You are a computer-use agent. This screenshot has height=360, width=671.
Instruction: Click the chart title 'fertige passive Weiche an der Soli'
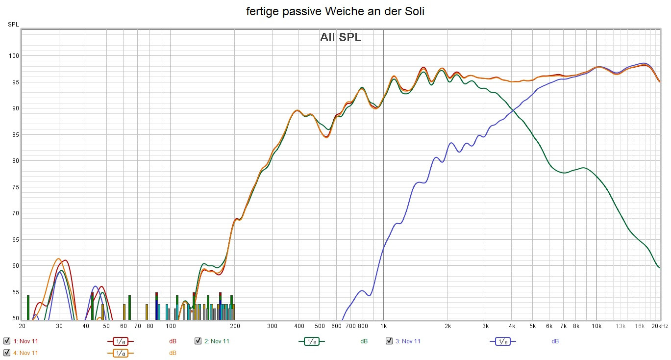(x=335, y=12)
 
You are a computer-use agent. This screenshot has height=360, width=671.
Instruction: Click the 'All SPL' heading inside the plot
(x=341, y=37)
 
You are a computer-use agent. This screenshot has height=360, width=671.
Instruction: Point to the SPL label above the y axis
(x=13, y=25)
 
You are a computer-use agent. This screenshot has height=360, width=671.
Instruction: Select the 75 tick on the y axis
(x=15, y=187)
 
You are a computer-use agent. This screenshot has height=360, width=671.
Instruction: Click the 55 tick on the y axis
(x=15, y=292)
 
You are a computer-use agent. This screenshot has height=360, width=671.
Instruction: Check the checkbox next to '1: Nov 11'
(x=7, y=341)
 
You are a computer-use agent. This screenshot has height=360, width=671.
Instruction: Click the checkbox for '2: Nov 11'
(x=198, y=341)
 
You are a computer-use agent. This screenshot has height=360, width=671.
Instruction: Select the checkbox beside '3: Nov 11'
(x=389, y=341)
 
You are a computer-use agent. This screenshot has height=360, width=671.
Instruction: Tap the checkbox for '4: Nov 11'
(x=7, y=353)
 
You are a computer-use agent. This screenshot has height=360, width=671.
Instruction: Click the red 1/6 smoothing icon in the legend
(x=120, y=341)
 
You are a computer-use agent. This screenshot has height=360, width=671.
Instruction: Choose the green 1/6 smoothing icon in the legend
(x=311, y=341)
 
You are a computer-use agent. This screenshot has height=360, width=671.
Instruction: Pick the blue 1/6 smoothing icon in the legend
(x=502, y=341)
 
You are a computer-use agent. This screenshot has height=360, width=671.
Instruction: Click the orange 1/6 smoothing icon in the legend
(x=120, y=353)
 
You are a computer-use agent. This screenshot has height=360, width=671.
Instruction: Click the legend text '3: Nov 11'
(x=408, y=341)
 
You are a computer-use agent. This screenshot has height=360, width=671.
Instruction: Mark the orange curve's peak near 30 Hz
(x=58, y=258)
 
